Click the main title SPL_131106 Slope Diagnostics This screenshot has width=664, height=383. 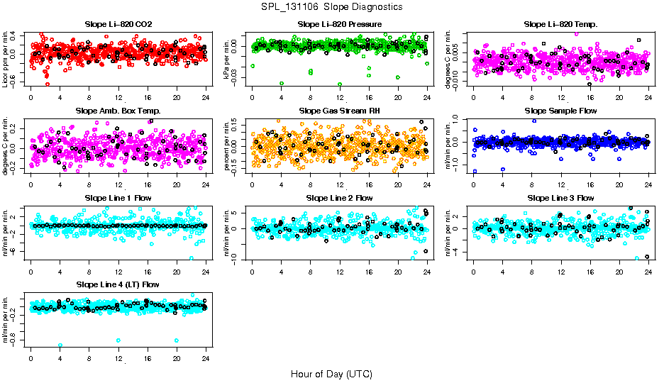[x=331, y=7]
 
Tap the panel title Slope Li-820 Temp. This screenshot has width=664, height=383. [x=560, y=25]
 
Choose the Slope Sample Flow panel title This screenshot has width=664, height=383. [x=560, y=111]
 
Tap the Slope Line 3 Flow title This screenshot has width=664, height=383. [x=560, y=198]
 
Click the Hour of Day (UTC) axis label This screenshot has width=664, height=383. [x=331, y=373]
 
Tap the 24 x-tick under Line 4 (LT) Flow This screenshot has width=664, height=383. [x=206, y=358]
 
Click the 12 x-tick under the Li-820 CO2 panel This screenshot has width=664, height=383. [x=118, y=99]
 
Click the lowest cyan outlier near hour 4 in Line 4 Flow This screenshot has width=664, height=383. [x=60, y=345]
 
